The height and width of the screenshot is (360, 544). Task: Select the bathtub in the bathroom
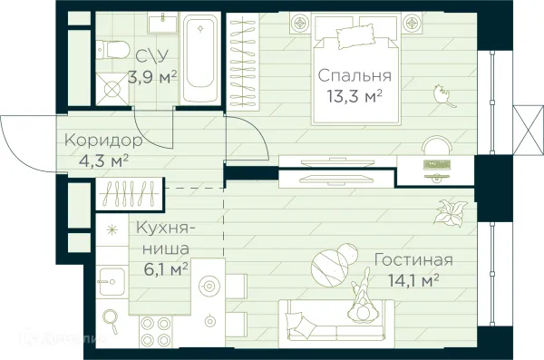(x=199, y=61)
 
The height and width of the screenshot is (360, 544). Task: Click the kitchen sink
(x=114, y=277)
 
